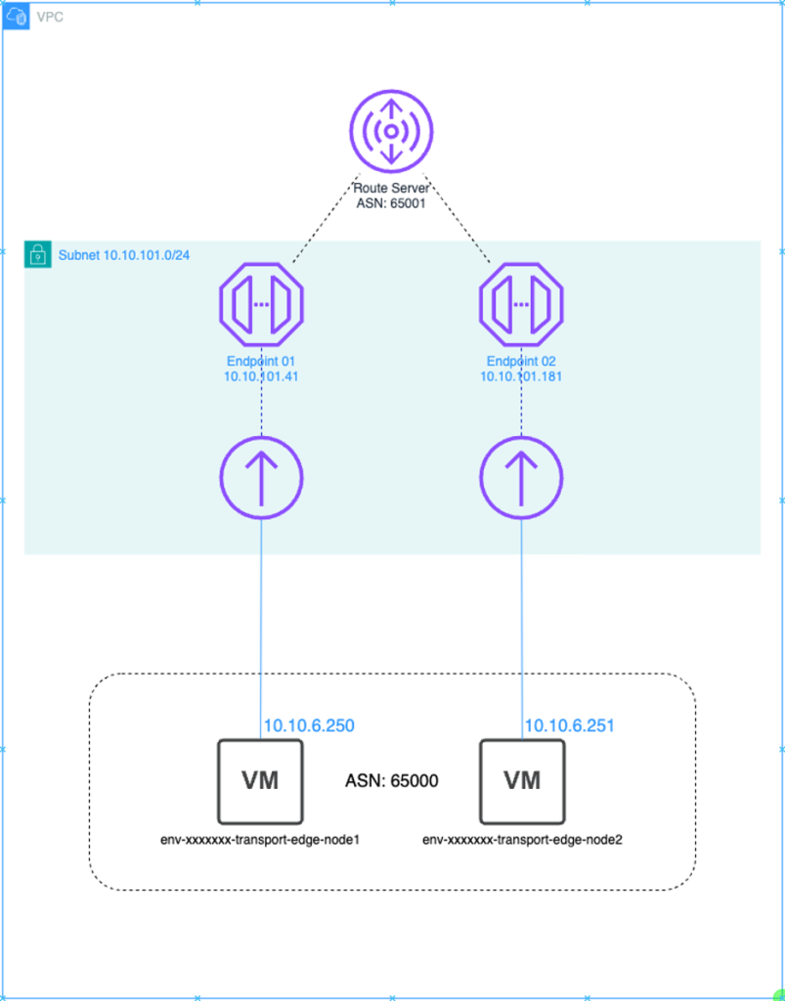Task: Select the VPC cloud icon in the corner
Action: [x=16, y=16]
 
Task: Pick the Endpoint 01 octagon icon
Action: [x=261, y=303]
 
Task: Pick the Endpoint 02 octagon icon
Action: [x=521, y=303]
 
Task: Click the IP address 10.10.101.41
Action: [x=261, y=375]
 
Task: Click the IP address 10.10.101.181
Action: [x=521, y=375]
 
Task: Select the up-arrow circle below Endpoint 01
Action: [x=261, y=478]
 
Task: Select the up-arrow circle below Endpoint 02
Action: [x=521, y=478]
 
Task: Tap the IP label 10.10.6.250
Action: [x=308, y=725]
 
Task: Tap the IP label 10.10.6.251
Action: [x=569, y=725]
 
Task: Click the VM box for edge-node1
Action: [x=260, y=780]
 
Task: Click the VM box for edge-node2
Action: [x=522, y=780]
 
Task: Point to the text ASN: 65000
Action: [x=391, y=781]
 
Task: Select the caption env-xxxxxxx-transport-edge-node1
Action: [x=260, y=838]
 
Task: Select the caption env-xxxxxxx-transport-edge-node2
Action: [x=522, y=838]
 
